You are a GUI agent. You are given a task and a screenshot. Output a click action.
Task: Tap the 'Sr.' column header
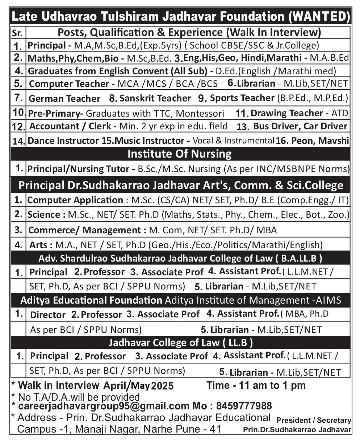coord(17,33)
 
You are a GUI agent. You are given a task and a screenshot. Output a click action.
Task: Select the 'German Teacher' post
coord(64,99)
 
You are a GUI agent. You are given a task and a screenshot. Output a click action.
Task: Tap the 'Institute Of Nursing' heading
coord(180,154)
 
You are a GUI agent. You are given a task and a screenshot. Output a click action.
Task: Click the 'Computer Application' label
coord(75,200)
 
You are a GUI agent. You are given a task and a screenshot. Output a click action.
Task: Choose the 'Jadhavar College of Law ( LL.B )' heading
coord(181,342)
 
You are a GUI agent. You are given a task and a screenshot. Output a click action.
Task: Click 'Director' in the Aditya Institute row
coord(48,315)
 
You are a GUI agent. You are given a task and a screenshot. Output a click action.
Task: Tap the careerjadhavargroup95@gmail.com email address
coord(104,406)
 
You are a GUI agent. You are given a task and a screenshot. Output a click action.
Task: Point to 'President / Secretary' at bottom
coord(314,420)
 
